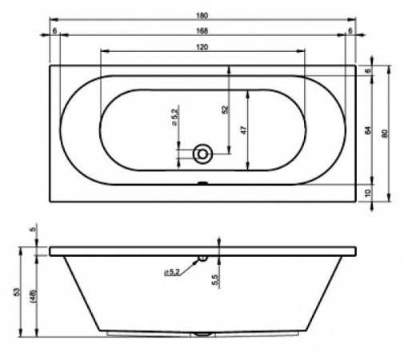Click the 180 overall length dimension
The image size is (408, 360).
202,16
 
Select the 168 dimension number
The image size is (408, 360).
202,31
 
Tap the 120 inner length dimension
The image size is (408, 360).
202,47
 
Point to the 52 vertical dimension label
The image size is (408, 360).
226,110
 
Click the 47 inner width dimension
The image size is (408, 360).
244,130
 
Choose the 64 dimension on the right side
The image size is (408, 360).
368,130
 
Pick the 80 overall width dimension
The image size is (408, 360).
384,134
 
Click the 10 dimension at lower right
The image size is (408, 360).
368,193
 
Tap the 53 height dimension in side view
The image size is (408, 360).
16,291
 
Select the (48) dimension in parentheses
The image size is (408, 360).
34,295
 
